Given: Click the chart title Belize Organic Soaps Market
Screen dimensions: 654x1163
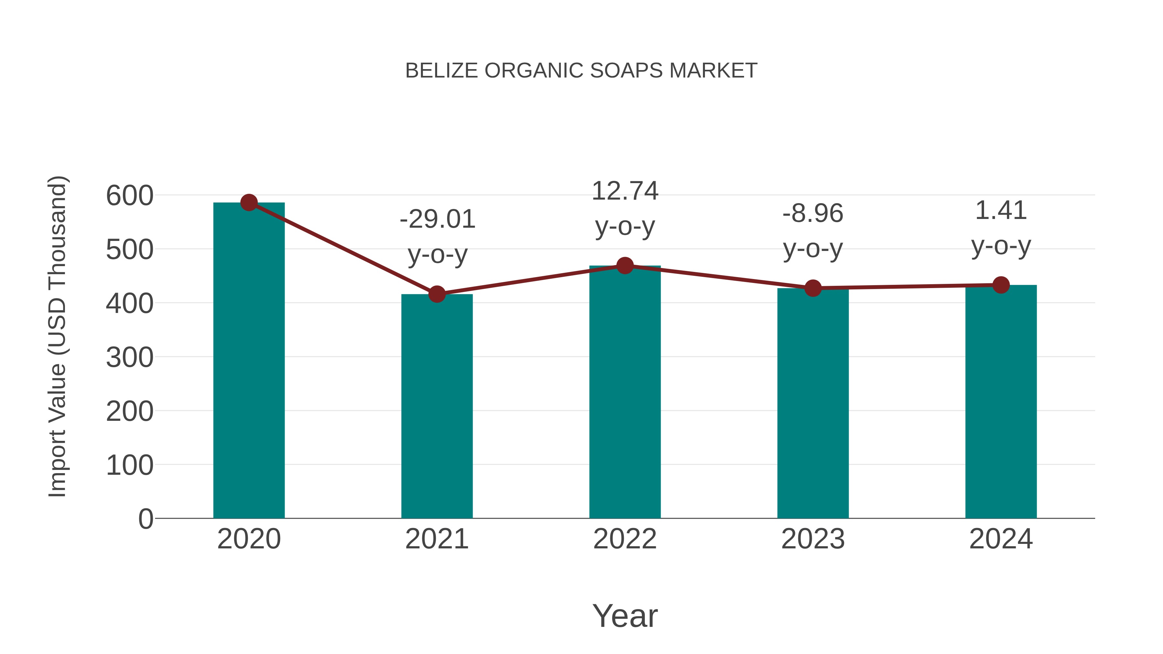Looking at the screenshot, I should tap(581, 71).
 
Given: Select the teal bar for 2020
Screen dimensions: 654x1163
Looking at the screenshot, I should tap(249, 361).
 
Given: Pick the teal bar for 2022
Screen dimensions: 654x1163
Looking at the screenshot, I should tap(625, 393).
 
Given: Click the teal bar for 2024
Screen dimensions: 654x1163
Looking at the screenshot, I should tap(1001, 402).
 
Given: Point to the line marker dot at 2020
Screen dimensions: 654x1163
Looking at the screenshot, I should tap(249, 202).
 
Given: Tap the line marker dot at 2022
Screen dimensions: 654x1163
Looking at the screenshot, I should tap(625, 266).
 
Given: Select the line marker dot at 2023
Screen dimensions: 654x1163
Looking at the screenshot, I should tap(813, 288).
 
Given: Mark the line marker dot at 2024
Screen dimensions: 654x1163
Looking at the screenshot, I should tap(1001, 285).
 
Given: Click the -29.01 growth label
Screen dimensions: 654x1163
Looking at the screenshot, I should tap(437, 219).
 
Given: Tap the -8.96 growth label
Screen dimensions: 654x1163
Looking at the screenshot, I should tap(813, 213).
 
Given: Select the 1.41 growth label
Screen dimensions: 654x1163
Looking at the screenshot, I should tap(1001, 211).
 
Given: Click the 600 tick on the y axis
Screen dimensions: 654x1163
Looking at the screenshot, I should tap(130, 196).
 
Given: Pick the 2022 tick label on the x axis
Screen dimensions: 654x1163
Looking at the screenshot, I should tap(625, 539).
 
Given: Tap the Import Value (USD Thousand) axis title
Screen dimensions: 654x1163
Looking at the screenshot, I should tap(58, 336).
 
